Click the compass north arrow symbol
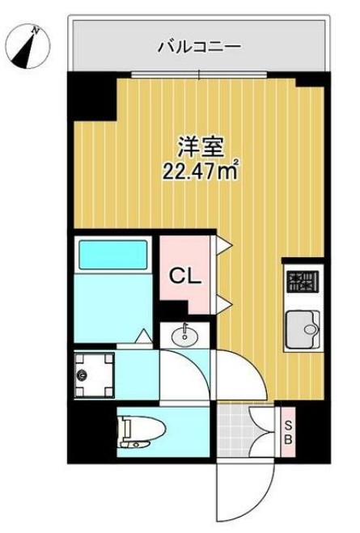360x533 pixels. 26,48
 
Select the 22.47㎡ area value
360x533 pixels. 202,171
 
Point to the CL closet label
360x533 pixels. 185,276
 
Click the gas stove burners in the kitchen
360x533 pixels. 303,283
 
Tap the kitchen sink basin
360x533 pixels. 303,328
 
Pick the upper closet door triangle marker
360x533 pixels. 227,242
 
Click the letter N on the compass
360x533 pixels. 36,31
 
